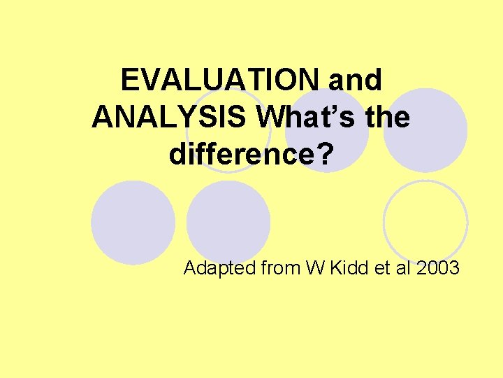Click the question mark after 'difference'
323,155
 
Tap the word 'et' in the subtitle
380,268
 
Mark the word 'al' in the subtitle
404,268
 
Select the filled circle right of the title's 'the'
425,129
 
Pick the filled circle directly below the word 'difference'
228,222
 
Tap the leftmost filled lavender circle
133,222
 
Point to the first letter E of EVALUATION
129,81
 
